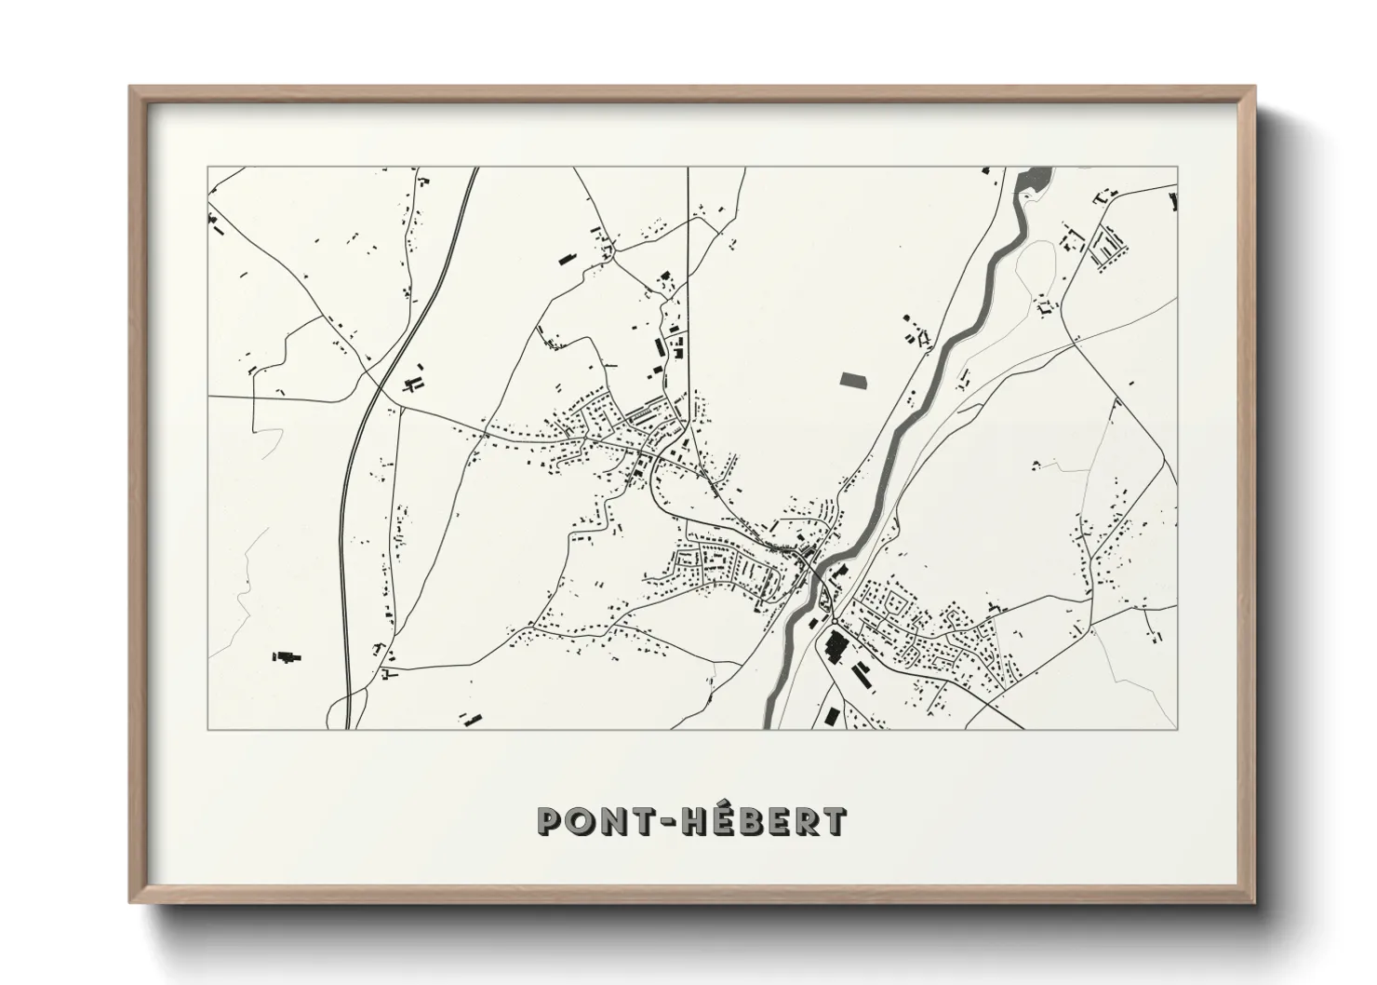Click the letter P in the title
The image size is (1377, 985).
[553, 820]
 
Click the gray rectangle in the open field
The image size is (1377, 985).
[852, 379]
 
